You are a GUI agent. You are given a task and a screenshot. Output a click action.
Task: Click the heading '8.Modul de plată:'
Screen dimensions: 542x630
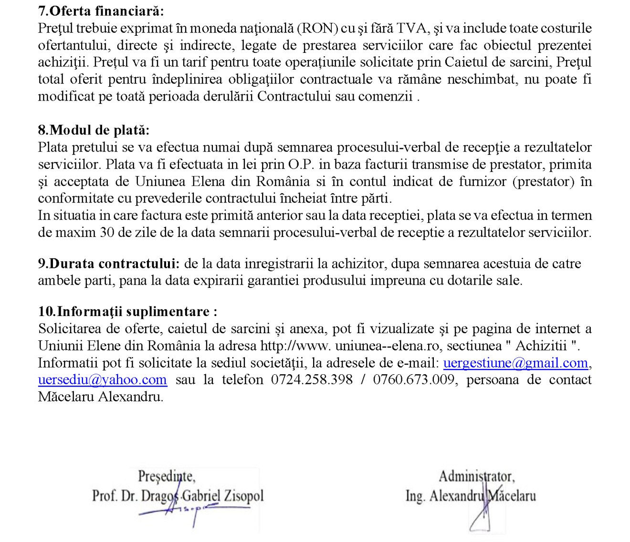(x=94, y=130)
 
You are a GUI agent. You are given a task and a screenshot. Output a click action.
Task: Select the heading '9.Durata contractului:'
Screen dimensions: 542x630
(x=109, y=264)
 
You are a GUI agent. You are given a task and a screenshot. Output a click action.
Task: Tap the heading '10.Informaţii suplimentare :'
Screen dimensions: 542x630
(x=127, y=312)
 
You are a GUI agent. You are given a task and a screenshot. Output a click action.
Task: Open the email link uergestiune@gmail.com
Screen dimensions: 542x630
(x=515, y=363)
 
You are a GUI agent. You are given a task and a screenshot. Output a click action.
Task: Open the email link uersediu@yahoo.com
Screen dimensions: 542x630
(x=103, y=380)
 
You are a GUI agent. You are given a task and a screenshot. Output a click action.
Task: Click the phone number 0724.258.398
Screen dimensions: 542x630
(x=312, y=380)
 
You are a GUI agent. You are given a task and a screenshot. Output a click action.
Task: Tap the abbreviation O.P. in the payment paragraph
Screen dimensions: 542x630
(x=301, y=164)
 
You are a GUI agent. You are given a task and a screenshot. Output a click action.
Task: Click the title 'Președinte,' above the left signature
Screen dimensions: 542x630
(x=167, y=476)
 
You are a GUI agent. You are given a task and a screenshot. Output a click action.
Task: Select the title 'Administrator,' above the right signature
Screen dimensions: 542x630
(x=476, y=476)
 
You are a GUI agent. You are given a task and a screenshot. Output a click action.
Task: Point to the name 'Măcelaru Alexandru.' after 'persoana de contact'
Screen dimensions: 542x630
(x=101, y=397)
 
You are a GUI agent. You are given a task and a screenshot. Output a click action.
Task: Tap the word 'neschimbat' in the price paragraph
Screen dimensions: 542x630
(x=482, y=79)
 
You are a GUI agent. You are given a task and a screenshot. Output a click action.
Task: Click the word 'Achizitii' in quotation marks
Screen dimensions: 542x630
(x=541, y=346)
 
